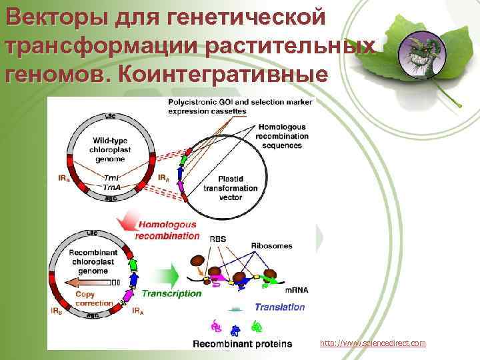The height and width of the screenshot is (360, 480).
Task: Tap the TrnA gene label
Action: coord(113,188)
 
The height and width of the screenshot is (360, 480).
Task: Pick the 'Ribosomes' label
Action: coord(271,246)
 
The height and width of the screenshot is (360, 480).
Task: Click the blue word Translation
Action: coord(279,307)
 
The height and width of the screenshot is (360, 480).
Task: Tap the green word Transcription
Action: coord(171,293)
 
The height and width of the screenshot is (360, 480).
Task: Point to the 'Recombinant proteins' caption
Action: coord(242,344)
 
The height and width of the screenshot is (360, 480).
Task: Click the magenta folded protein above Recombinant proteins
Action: coord(215,326)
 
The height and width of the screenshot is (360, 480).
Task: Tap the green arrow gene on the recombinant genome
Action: coord(132,265)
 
